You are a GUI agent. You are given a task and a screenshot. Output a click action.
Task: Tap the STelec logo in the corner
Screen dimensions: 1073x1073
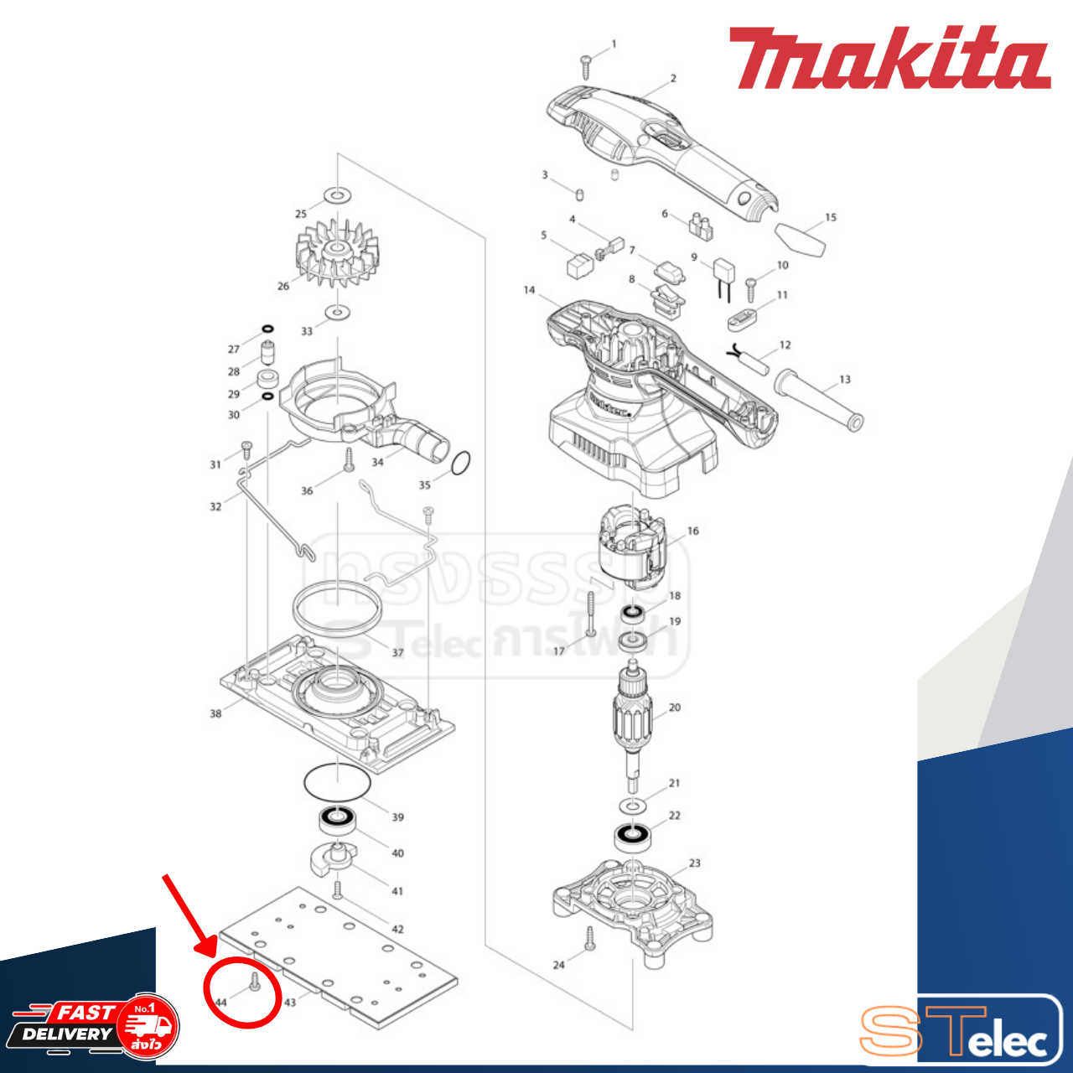tap(960, 1031)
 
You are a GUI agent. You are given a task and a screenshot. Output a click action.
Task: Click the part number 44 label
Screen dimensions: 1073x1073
tap(220, 1002)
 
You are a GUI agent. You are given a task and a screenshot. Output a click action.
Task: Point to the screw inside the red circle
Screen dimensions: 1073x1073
tap(256, 982)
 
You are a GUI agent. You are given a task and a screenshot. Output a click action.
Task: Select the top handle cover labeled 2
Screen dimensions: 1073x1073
tap(662, 151)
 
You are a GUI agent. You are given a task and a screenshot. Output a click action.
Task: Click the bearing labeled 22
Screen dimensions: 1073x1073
tap(633, 835)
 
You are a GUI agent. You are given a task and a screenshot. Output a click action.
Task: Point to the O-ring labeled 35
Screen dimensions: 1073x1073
tap(460, 463)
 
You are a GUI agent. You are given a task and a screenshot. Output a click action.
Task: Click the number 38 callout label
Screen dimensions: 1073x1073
tap(215, 713)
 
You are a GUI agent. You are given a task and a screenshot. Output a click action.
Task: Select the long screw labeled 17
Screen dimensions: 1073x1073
tap(591, 614)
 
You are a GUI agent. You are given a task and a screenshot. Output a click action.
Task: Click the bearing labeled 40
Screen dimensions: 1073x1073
tap(338, 818)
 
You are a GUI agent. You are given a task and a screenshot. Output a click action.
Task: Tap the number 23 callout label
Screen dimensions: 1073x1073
tap(694, 863)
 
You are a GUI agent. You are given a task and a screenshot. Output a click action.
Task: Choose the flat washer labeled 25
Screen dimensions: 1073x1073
tap(337, 195)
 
